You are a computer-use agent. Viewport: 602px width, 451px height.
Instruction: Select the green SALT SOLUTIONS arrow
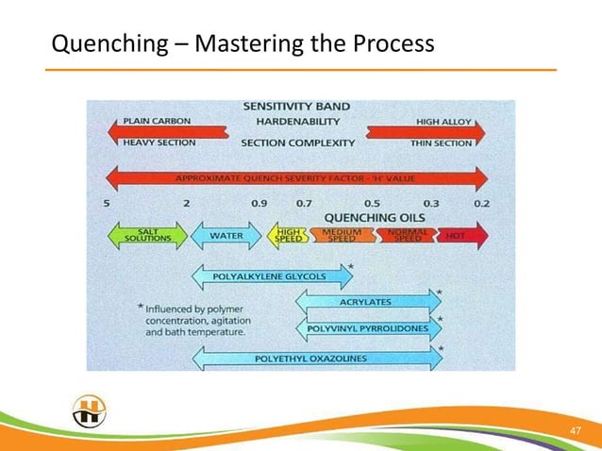click(x=148, y=236)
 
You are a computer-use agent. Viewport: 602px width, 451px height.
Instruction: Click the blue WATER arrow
click(x=226, y=236)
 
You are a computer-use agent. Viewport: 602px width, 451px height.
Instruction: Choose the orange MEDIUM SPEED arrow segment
click(x=340, y=236)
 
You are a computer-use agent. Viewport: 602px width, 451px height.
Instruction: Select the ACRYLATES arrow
click(x=369, y=302)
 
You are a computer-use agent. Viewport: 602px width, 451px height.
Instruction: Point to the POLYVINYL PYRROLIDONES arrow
click(x=369, y=328)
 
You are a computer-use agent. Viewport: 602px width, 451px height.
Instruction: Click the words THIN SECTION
click(x=441, y=143)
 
